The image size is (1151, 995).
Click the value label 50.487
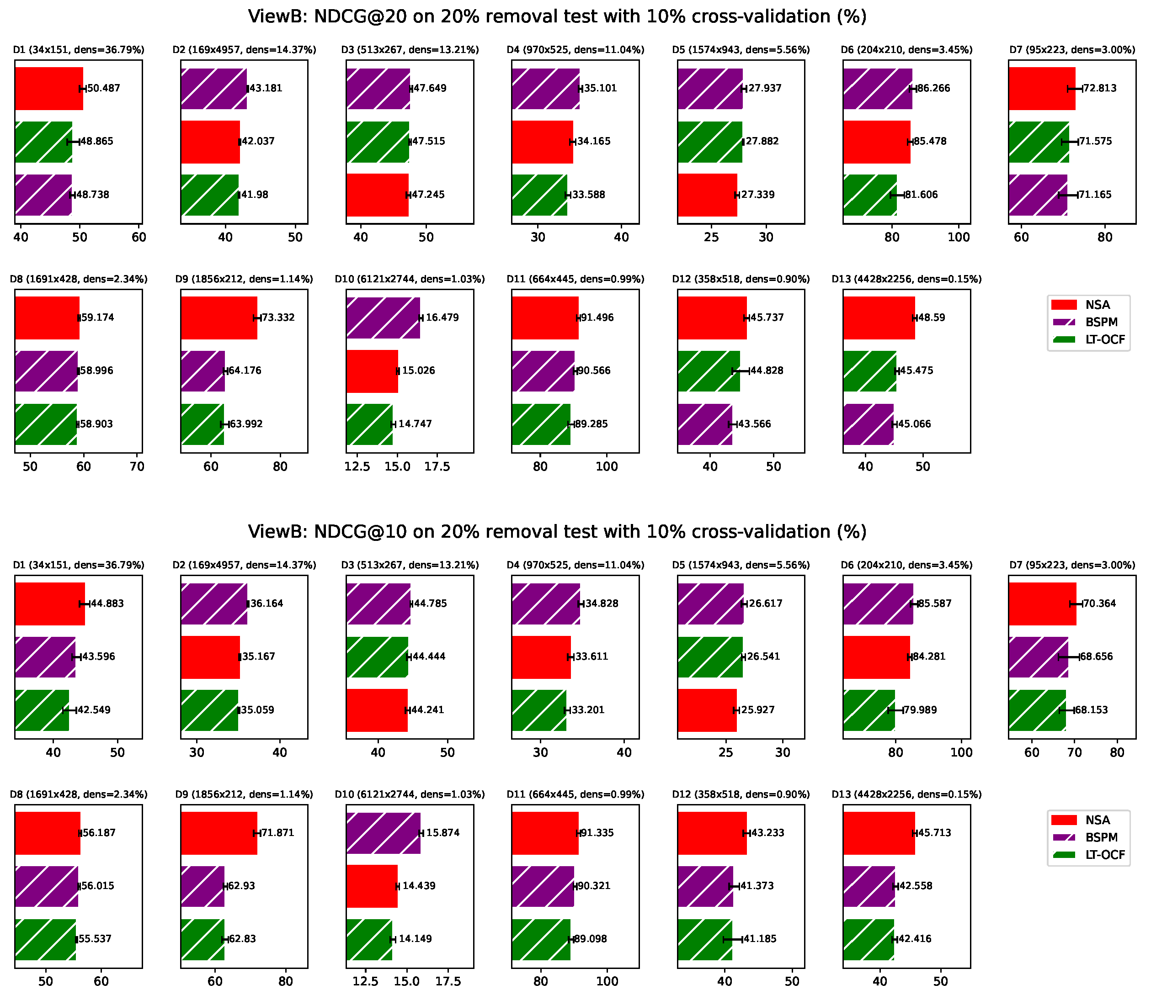coord(103,88)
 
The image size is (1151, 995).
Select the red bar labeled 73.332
coord(218,318)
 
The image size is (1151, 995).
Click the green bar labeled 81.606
coord(869,195)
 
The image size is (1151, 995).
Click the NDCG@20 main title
coord(557,16)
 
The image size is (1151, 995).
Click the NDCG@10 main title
coord(557,532)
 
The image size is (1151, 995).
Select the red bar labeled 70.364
coord(1042,603)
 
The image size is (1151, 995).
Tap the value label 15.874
coord(443,833)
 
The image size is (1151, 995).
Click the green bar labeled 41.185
coord(704,939)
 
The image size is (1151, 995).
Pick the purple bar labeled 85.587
coord(878,603)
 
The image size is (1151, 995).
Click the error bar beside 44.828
coord(741,370)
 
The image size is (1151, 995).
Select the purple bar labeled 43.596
coord(45,657)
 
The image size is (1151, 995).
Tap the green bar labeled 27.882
coord(709,142)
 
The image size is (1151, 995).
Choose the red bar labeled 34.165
coord(542,142)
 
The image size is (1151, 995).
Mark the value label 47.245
coord(428,195)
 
